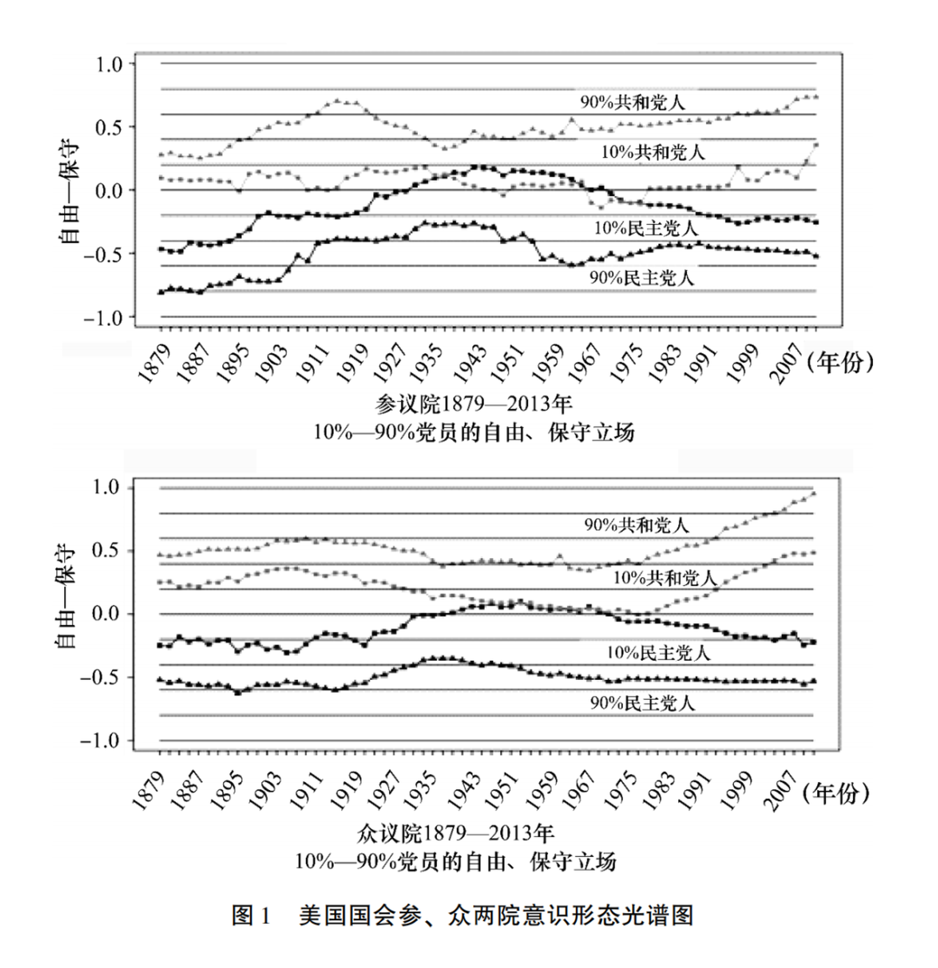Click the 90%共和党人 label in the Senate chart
pos(632,102)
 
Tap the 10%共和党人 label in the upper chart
pos(653,151)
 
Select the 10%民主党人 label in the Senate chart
pos(646,227)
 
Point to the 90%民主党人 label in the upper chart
pos(642,278)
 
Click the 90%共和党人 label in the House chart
pos(636,525)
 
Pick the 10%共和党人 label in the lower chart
pos(665,577)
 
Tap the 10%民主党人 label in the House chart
pos(658,653)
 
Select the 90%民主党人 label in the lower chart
pos(642,703)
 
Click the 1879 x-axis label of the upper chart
pos(154,363)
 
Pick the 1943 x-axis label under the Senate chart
pos(470,363)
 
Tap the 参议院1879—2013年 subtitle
pos(473,404)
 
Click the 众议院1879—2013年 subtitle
pos(455,833)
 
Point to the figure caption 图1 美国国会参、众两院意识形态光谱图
pos(462,915)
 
